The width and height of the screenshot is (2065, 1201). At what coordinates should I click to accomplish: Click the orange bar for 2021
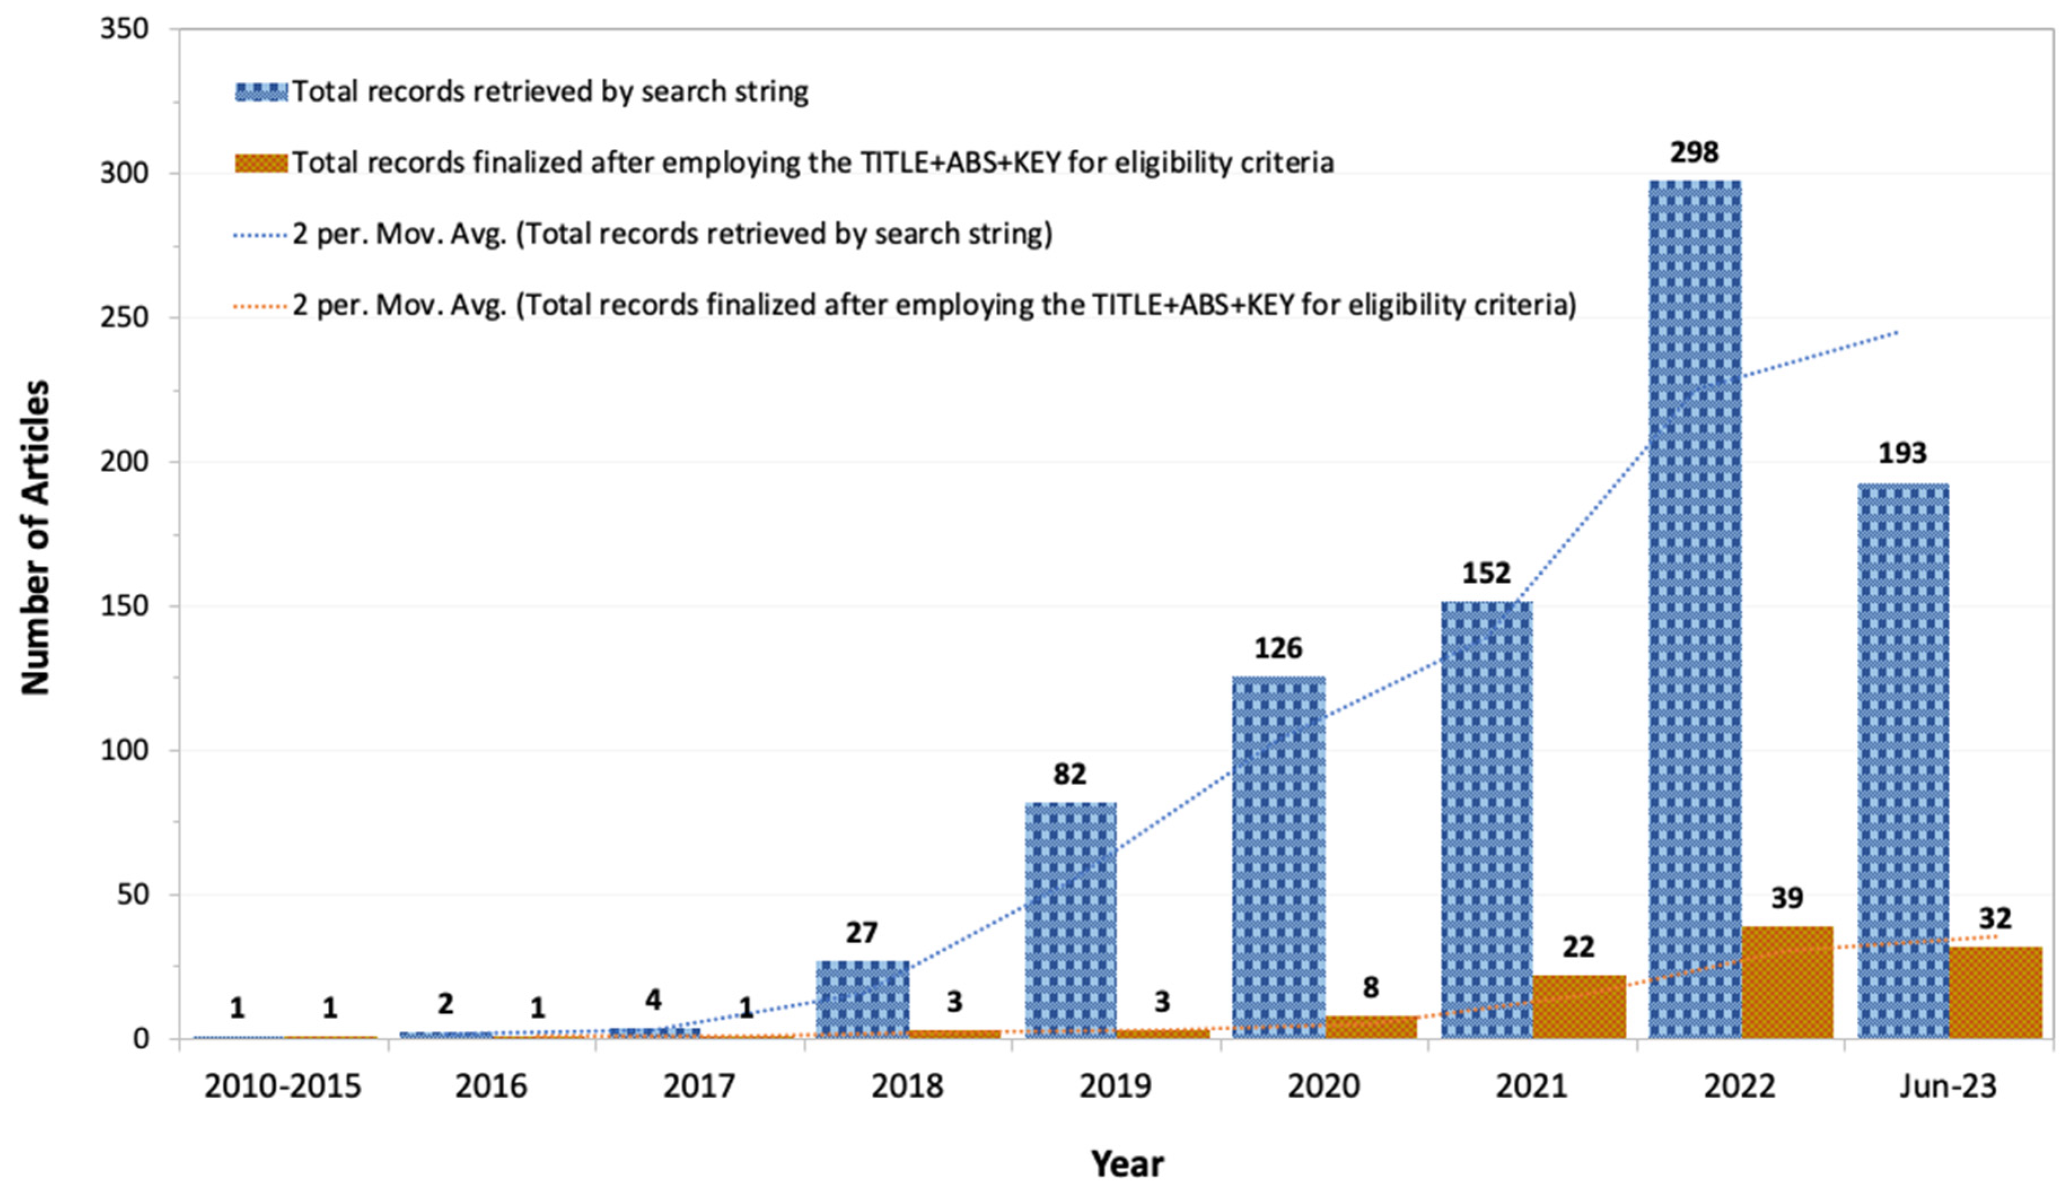tap(1578, 1007)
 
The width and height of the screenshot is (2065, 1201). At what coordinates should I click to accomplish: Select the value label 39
tap(1787, 898)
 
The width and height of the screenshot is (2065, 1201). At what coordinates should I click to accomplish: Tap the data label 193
tap(1903, 453)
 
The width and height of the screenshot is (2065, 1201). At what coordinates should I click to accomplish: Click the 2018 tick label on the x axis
tap(907, 1087)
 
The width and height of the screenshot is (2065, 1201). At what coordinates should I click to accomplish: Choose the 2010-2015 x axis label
tap(283, 1087)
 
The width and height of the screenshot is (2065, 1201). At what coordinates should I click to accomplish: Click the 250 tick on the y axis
tap(125, 318)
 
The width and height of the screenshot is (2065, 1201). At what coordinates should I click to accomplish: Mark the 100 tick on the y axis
tap(125, 750)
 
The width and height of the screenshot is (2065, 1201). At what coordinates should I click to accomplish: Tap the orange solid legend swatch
tap(261, 163)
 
